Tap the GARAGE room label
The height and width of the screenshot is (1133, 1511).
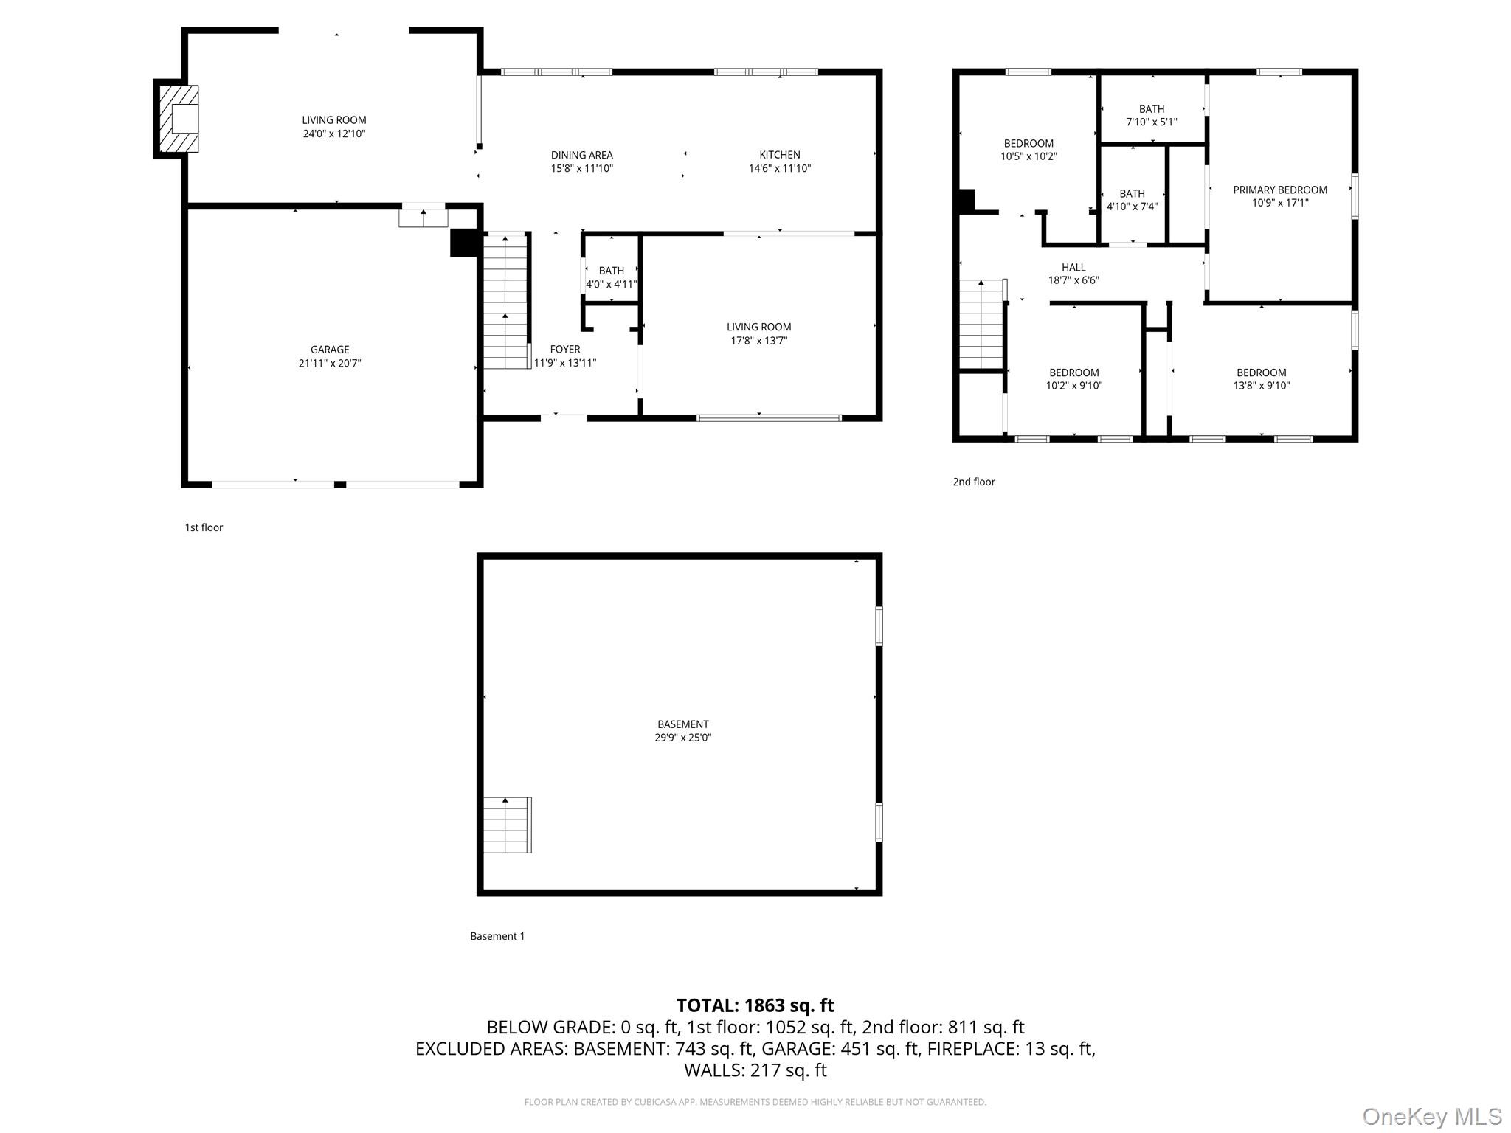[x=330, y=350]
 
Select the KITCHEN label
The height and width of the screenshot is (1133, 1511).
[x=780, y=155]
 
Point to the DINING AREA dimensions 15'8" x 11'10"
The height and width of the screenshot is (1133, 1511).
[x=582, y=168]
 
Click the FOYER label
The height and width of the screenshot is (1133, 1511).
[x=565, y=350]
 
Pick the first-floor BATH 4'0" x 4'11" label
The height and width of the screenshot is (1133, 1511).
[x=611, y=277]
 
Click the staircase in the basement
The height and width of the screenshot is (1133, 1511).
[x=507, y=825]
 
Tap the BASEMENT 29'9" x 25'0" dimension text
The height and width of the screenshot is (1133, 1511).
[x=682, y=738]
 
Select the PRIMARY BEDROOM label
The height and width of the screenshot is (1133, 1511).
[x=1280, y=190]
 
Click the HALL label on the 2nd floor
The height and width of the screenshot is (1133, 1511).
[x=1073, y=267]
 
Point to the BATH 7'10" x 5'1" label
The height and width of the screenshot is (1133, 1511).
[x=1151, y=116]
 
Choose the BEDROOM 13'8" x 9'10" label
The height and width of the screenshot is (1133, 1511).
[x=1262, y=379]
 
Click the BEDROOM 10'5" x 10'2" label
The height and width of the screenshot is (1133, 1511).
[x=1028, y=150]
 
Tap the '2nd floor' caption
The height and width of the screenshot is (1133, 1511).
[x=974, y=482]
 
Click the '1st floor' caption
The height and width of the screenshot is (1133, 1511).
[x=204, y=527]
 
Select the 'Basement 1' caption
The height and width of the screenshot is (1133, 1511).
[x=497, y=936]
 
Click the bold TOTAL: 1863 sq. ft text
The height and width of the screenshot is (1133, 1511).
[x=755, y=1005]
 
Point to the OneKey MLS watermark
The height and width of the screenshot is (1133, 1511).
[x=1432, y=1117]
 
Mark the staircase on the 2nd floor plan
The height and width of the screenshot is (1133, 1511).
[x=981, y=325]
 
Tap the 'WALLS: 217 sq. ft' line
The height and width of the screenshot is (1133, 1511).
[x=755, y=1070]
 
